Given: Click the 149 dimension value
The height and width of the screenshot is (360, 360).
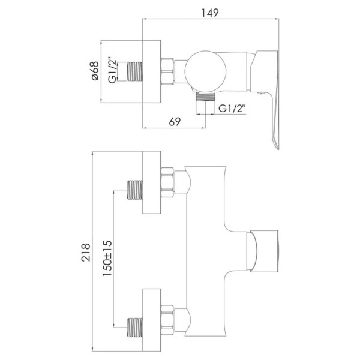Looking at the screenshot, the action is point(210,13).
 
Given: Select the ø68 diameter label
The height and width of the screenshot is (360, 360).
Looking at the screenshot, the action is point(95,71).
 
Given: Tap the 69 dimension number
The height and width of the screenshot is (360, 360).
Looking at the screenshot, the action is point(175,122).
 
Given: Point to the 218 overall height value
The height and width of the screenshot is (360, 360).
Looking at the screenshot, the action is point(86,253).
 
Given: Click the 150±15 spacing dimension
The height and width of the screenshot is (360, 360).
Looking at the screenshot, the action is point(107,258).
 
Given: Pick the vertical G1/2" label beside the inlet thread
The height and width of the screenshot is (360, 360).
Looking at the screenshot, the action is point(113,70).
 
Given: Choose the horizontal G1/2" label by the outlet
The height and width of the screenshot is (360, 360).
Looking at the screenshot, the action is point(232,108).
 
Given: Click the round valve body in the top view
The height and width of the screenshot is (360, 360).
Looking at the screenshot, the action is point(205,71).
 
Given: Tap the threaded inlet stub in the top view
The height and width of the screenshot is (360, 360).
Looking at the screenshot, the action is point(135,71).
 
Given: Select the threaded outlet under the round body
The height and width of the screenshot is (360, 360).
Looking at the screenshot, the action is point(205,97).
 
